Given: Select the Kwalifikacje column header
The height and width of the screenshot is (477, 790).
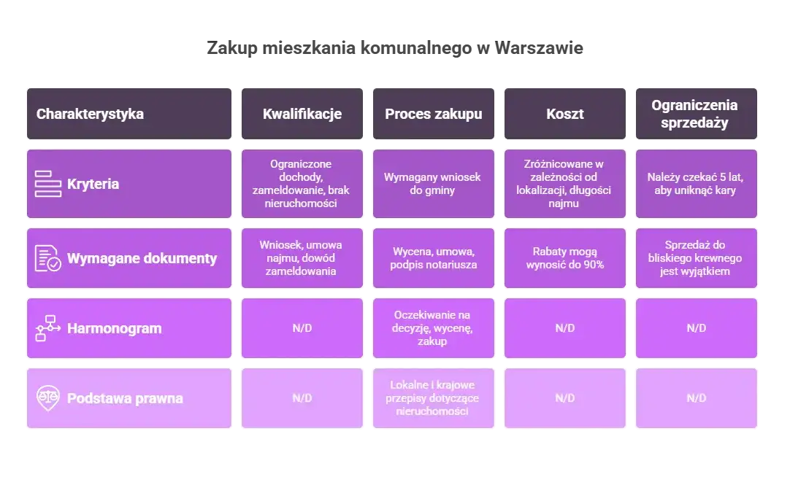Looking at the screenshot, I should coord(302,114).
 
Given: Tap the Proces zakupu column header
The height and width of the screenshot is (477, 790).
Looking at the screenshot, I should coord(434,114).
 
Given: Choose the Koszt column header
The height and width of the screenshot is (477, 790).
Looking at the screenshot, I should coord(564,114).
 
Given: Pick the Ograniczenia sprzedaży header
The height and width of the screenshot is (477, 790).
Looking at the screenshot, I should coord(694,114).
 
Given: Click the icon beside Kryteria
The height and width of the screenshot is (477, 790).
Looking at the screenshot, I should coord(48,184).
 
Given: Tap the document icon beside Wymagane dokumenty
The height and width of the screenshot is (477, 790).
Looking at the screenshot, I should coord(48,258).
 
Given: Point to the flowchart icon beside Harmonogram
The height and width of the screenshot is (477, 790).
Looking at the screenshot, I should coord(48,328).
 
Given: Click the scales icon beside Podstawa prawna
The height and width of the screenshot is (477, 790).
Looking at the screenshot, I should coord(48,398).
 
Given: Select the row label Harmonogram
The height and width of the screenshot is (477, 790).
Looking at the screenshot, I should coord(114,328).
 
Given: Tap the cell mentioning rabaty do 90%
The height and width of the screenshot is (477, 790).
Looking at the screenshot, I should coord(564,258).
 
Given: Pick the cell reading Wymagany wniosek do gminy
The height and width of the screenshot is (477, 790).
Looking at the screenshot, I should coord(434,184).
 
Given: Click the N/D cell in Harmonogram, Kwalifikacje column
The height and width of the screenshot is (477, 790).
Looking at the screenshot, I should coord(302,328).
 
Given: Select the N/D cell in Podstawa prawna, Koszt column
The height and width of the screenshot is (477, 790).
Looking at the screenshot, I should coord(564,398).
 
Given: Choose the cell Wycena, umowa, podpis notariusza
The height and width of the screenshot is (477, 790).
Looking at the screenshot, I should coord(434,258).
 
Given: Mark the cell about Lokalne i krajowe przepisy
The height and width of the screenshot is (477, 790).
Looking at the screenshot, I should coord(434,398).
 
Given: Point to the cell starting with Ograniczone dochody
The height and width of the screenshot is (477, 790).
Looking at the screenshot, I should coord(302,184).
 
